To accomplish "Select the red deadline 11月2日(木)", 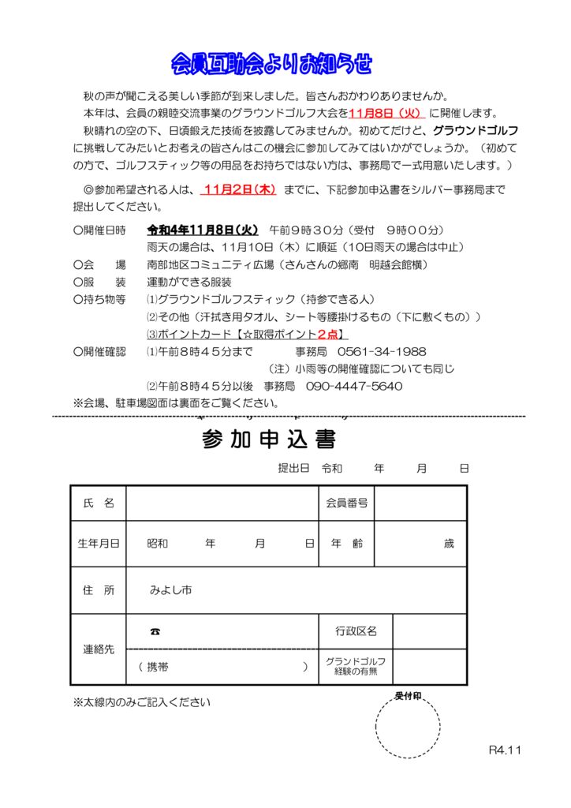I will click(x=238, y=190).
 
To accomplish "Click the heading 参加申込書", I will click(x=269, y=439).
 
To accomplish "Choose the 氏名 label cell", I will click(x=99, y=503).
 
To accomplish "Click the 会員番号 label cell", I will click(x=346, y=503).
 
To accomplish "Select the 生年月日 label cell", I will click(x=99, y=544).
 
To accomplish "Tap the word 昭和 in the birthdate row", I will click(x=158, y=544).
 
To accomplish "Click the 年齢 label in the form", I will click(x=346, y=544).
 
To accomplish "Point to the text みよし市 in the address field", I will click(x=170, y=590).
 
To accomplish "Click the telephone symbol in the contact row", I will click(x=155, y=631).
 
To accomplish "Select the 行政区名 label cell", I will click(x=356, y=631).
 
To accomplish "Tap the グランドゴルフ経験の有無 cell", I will click(x=356, y=667).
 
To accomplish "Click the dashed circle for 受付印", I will click(x=408, y=727).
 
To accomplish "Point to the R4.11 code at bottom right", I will click(x=506, y=750).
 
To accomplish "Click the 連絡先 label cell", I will click(x=99, y=649).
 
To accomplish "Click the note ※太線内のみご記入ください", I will click(x=142, y=701).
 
